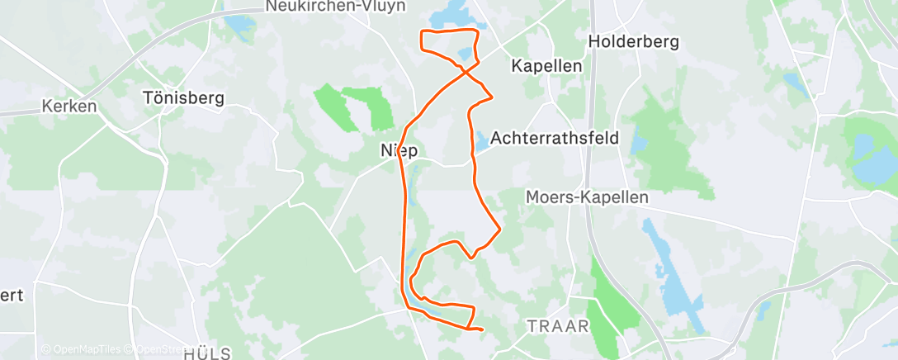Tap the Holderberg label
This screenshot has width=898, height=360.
pos(633,41)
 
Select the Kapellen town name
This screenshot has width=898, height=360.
pos(547,65)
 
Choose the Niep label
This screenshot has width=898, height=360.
pos(399,151)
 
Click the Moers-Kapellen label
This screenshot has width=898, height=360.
pos(588,197)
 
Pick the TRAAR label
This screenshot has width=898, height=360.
pos(559,326)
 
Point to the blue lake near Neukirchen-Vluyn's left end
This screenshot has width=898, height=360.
pos(240,26)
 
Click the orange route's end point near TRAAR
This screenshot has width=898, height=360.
pos(481,331)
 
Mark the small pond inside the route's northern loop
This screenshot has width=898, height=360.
pos(465,54)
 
